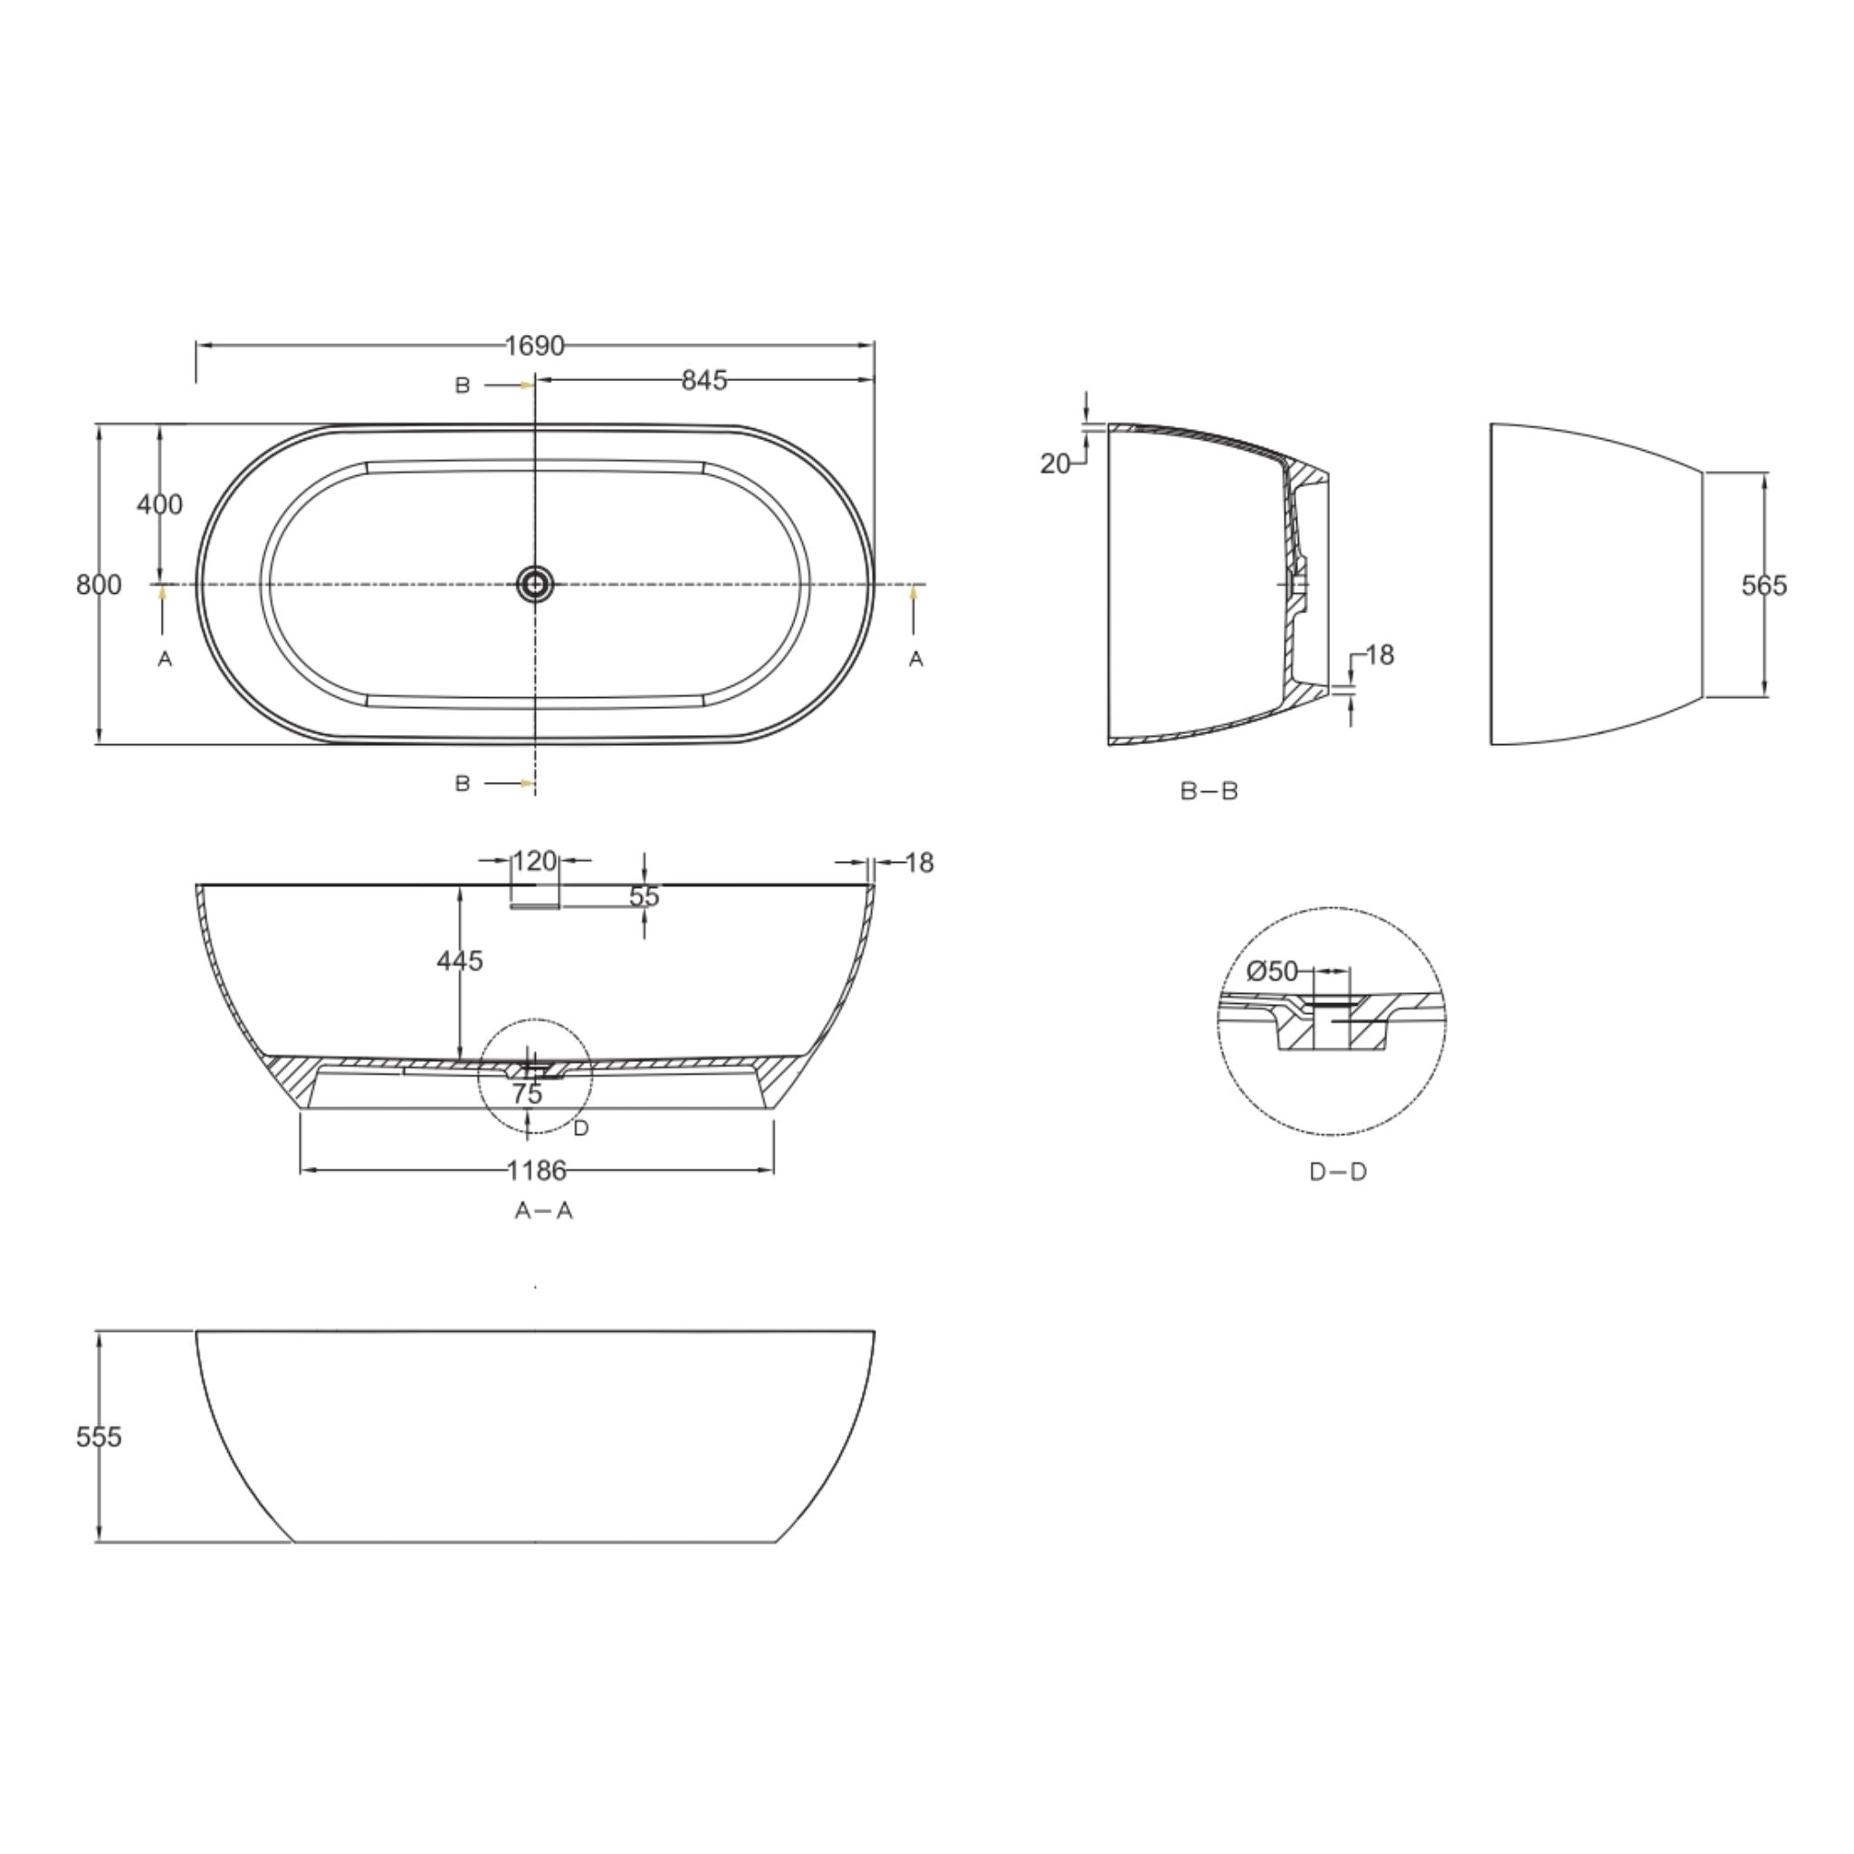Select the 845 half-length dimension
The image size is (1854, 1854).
[x=703, y=381]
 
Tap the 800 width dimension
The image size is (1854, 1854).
[x=98, y=585]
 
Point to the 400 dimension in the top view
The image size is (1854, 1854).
[x=159, y=504]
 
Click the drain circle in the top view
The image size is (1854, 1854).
[x=534, y=584]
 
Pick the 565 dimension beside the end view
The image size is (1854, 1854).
[x=1763, y=586]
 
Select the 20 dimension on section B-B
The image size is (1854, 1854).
[x=1055, y=464]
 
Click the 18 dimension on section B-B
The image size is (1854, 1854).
[x=1379, y=655]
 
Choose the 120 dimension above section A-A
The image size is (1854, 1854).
[x=534, y=862]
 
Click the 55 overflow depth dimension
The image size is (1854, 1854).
[x=644, y=896]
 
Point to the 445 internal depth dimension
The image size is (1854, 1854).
[x=460, y=960]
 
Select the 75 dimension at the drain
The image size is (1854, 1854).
[x=527, y=1094]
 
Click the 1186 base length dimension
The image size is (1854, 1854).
[x=537, y=1171]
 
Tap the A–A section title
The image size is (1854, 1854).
[x=543, y=1211]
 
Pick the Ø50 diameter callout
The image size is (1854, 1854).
[x=1273, y=972]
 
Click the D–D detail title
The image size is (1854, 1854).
[x=1338, y=1171]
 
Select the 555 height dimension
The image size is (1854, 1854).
[x=99, y=1437]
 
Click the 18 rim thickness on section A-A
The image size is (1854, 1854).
[x=920, y=864]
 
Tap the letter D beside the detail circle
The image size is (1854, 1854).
[x=580, y=1129]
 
